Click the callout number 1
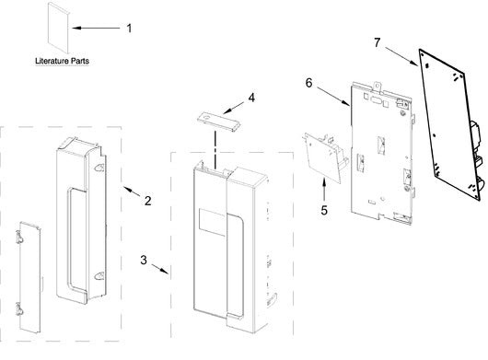point(129,29)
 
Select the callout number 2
point(148,201)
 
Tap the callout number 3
point(144,260)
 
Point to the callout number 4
point(251,98)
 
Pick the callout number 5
point(324,210)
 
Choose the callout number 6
point(308,83)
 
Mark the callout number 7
point(378,42)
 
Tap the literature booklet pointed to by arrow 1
point(58,28)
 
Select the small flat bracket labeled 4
point(219,122)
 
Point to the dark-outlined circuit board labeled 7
point(451,124)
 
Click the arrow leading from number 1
point(96,28)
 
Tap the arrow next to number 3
point(160,269)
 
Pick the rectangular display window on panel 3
point(213,222)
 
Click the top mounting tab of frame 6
point(377,87)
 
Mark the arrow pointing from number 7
point(401,56)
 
